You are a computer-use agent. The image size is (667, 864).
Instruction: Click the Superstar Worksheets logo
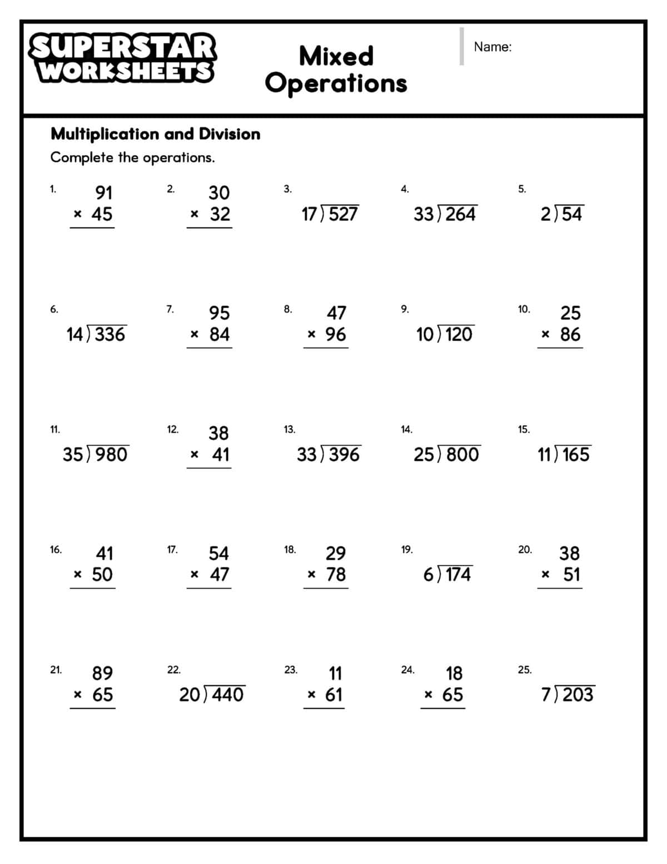122,58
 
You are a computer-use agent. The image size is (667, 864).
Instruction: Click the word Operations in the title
336,83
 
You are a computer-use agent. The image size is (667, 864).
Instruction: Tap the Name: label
492,47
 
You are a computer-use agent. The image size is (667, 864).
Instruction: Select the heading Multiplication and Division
155,134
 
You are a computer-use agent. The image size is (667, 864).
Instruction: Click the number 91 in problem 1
104,192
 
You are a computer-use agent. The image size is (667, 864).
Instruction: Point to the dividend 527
344,214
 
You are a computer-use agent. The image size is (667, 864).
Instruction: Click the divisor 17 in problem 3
310,214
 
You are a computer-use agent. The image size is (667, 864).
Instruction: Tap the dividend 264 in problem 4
460,214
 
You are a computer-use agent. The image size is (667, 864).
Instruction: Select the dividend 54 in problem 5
572,214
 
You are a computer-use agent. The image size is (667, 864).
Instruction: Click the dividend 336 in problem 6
110,334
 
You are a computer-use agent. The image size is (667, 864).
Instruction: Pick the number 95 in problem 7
219,313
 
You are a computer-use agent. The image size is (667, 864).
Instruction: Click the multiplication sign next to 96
312,335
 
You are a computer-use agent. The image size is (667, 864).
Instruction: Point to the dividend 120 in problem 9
459,334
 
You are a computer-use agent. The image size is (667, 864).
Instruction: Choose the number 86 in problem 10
570,334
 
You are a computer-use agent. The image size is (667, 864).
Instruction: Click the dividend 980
111,455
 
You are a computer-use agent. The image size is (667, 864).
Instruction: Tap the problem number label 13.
289,429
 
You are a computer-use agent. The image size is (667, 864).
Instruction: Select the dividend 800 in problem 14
462,455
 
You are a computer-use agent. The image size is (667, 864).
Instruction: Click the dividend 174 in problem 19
458,575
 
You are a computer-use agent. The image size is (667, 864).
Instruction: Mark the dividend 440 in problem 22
227,695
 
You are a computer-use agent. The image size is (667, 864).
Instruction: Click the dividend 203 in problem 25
578,695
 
